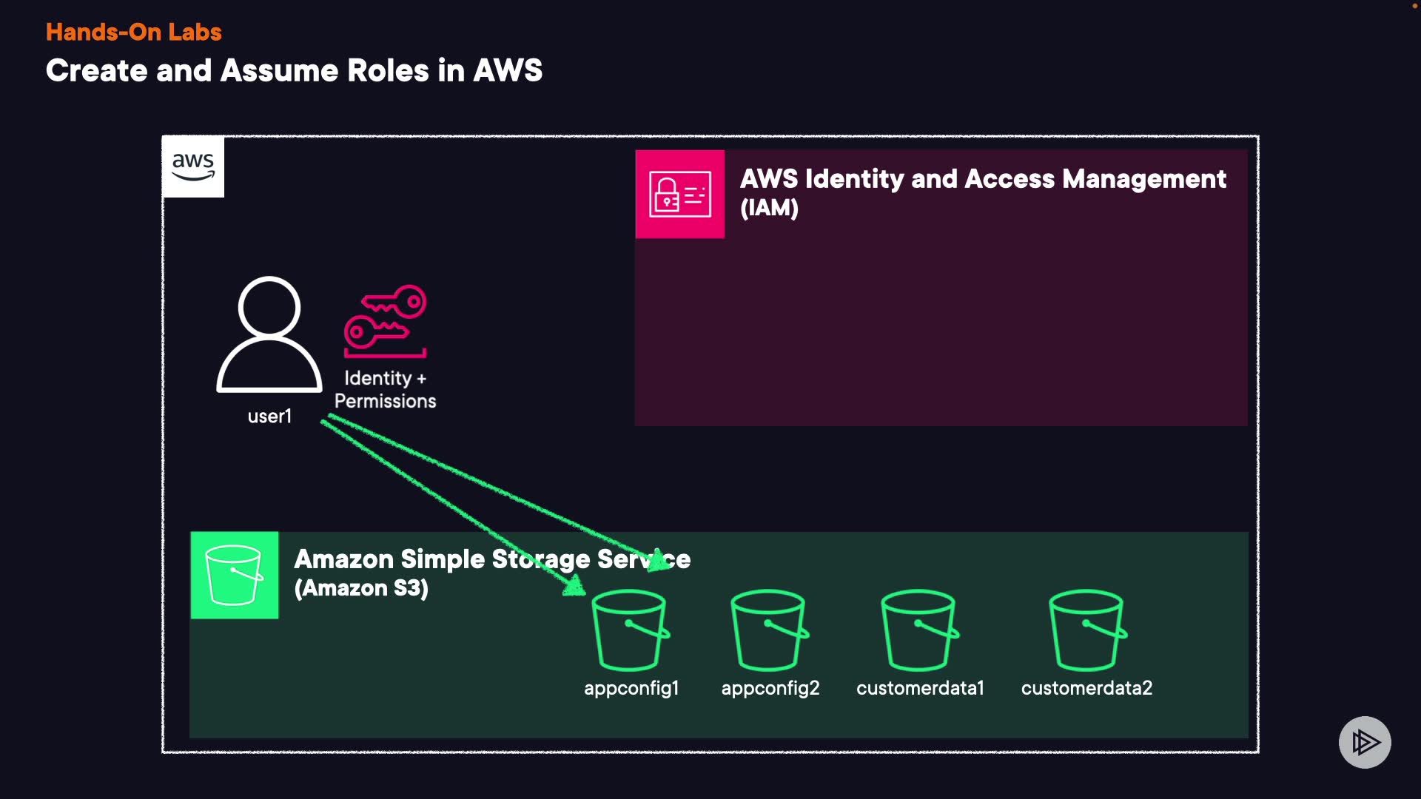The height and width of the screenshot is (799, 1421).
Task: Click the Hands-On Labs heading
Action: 133,32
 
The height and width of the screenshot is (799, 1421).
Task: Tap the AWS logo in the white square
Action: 193,166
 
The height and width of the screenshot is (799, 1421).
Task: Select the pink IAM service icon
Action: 679,194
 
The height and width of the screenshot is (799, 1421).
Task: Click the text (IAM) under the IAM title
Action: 769,208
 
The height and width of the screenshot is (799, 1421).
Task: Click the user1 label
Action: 269,417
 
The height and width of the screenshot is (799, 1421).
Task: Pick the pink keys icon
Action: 386,321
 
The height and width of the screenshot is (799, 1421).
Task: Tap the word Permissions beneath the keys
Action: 385,401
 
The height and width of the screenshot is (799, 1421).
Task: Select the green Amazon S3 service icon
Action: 235,575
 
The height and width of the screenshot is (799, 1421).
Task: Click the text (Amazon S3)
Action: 361,588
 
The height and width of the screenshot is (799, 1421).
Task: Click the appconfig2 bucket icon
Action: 769,630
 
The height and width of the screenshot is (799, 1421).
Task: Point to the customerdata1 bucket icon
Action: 919,630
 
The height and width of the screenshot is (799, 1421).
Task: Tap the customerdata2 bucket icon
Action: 1087,630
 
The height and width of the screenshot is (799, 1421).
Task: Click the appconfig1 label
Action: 631,688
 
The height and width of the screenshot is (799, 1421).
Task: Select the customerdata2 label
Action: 1086,688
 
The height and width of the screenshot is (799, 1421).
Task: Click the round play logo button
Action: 1365,742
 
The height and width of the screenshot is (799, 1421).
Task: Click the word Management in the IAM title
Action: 1144,179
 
